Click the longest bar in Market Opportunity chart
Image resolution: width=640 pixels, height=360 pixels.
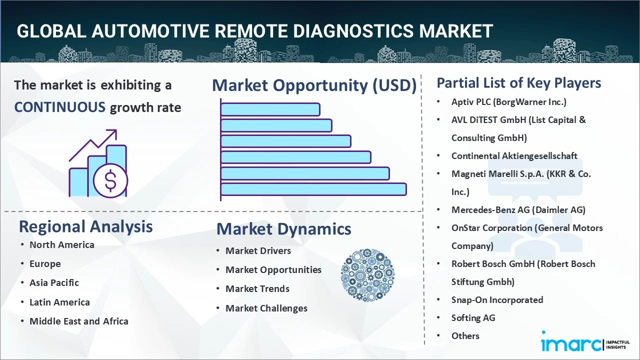[313, 189]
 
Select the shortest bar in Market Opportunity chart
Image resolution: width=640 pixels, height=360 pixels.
[270, 109]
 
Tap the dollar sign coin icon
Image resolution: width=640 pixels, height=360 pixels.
[110, 181]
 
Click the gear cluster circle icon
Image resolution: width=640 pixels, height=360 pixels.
[367, 275]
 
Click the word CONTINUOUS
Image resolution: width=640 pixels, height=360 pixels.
[59, 107]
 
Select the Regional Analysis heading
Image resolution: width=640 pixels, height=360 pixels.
[85, 226]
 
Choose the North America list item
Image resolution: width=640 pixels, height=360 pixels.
[61, 245]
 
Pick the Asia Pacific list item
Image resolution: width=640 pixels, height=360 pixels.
[54, 283]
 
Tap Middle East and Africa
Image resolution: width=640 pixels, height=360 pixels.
[78, 321]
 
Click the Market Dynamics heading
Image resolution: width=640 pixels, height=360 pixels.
[283, 229]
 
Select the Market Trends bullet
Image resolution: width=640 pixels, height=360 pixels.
[257, 289]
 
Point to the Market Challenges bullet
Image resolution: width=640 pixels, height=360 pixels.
[266, 308]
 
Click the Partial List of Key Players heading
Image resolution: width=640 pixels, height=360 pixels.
[518, 82]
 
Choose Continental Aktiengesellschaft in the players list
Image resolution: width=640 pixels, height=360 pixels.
[514, 156]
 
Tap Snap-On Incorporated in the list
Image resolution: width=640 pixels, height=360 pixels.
[497, 300]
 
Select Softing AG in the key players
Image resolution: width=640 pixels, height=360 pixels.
[473, 318]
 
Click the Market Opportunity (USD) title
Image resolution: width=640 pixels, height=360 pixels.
[314, 85]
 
